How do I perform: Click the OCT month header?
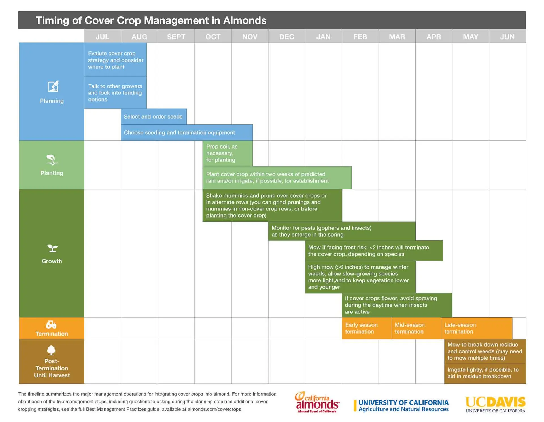tap(213, 37)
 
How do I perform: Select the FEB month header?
tap(360, 37)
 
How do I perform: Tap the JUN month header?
tap(507, 37)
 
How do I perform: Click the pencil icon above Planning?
tap(53, 86)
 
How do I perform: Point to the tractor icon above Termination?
tap(51, 324)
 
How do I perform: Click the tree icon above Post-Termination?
tap(51, 350)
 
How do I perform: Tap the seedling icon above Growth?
tap(52, 248)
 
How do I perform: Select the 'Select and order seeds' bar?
tap(154, 117)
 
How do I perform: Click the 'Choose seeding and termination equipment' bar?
tap(186, 132)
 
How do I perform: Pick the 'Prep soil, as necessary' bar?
tap(227, 153)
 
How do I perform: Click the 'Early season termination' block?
tap(366, 328)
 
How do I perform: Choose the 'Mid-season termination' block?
tap(416, 328)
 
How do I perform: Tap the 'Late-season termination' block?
tap(476, 328)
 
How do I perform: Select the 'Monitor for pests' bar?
tap(341, 231)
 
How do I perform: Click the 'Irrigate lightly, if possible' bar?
tap(485, 373)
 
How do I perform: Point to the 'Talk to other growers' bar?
tap(115, 93)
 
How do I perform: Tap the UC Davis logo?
tap(495, 404)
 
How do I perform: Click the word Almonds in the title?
tap(245, 20)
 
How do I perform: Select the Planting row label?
tap(52, 173)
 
